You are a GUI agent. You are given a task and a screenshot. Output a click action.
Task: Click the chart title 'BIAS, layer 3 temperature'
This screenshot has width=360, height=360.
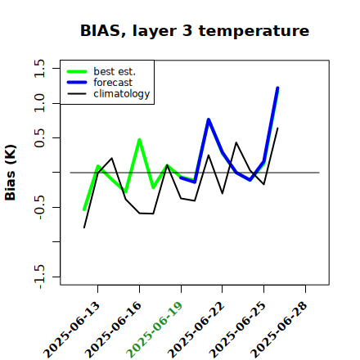pos(195,31)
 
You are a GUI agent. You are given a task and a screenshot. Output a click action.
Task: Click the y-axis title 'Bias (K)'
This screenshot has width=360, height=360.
pos(11,173)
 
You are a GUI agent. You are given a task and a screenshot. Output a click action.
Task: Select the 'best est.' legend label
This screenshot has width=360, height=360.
pos(115,71)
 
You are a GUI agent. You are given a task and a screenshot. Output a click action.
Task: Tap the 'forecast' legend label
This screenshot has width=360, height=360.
pos(113,83)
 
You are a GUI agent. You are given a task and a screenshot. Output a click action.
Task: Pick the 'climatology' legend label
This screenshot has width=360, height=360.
pos(122,94)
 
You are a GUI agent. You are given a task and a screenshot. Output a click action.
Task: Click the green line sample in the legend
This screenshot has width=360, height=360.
pos(77,71)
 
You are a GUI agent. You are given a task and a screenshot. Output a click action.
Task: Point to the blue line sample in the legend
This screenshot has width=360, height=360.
pos(77,83)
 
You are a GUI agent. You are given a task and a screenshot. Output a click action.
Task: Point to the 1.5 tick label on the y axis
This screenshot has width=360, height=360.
pos(39,68)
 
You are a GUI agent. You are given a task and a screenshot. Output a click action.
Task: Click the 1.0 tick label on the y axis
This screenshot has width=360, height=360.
pos(39,103)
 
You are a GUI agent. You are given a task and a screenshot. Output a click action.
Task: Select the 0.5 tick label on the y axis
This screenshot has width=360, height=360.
pos(39,138)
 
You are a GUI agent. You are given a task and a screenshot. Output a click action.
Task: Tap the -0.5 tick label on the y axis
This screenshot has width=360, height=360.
pos(39,207)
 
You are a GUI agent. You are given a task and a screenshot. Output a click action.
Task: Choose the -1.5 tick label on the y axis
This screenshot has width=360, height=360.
pos(39,277)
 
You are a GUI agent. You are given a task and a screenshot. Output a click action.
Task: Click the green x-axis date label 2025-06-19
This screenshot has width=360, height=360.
pos(155,330)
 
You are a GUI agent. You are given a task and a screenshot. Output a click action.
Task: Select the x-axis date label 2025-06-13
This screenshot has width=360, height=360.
pos(71,330)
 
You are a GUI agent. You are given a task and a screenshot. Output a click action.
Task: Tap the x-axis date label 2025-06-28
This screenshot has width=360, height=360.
pos(279,330)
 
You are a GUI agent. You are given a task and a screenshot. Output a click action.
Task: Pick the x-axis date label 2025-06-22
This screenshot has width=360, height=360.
pos(196,330)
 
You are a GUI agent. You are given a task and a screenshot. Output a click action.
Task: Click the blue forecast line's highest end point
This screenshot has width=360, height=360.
pos(277,88)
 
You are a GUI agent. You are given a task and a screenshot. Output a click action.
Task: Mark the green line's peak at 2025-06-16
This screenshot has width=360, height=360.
pos(139,140)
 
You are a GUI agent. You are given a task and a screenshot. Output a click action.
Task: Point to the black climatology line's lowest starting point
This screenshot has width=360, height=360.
pos(84,227)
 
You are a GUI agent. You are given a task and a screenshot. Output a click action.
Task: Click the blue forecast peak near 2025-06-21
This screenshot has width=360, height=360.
pos(209,119)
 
